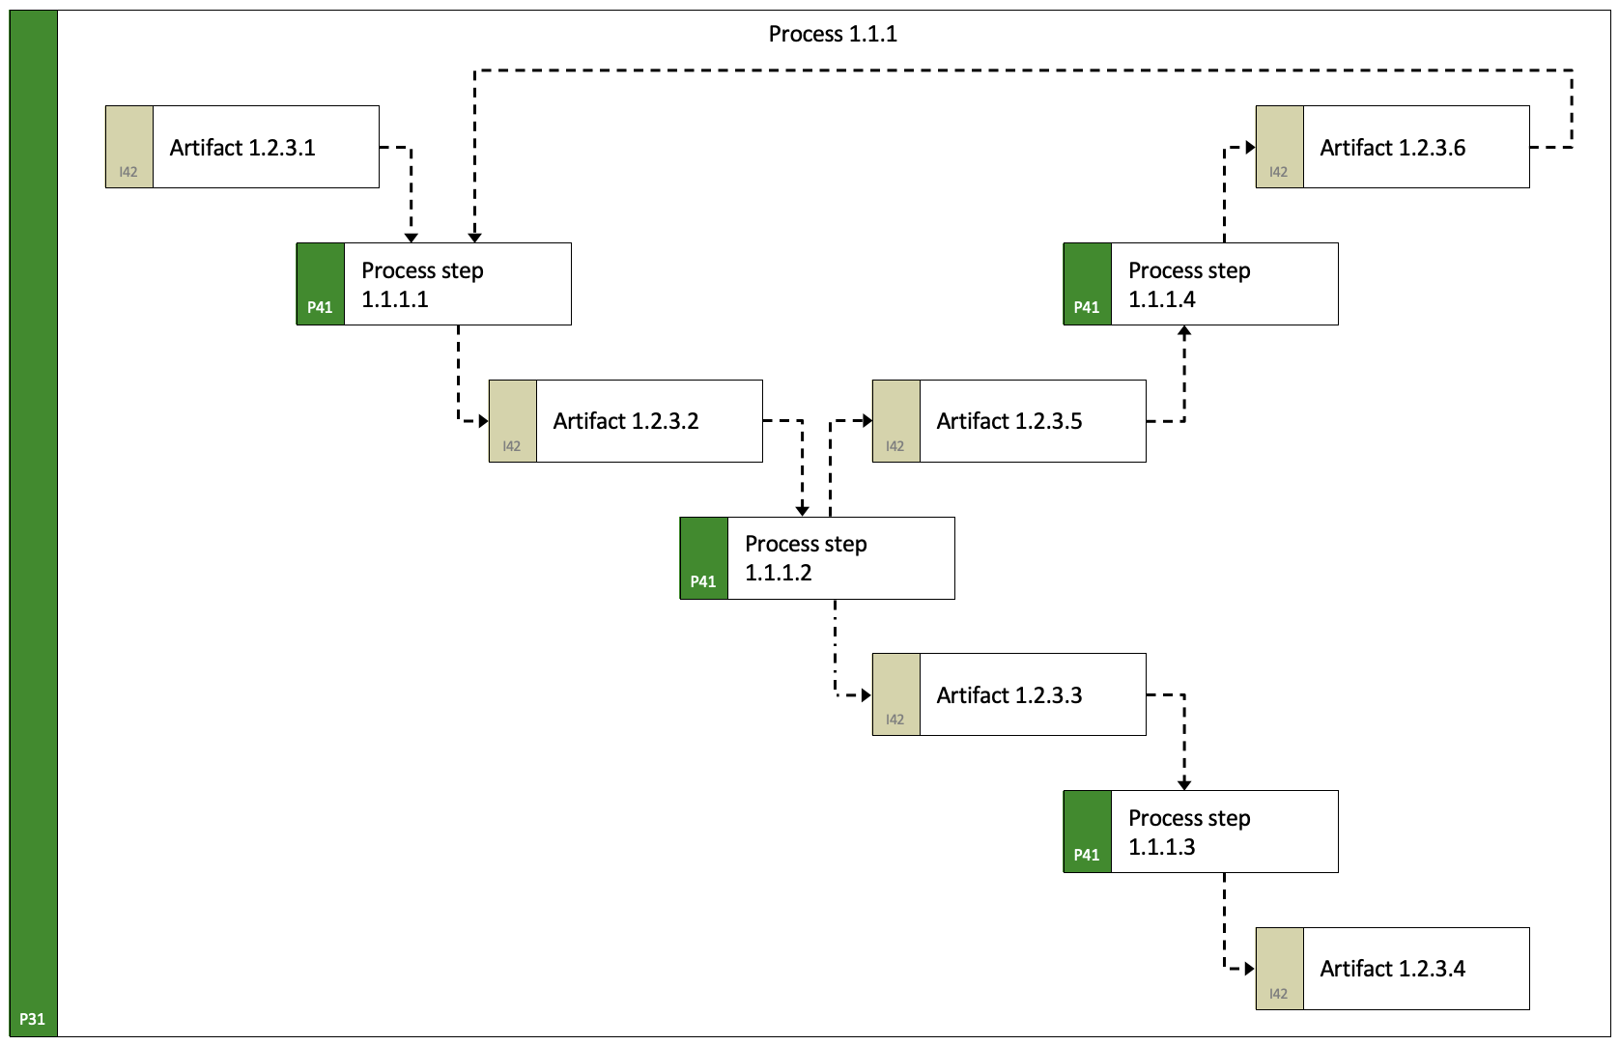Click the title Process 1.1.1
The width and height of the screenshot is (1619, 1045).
pyautogui.click(x=833, y=34)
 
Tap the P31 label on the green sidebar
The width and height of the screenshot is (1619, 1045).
pyautogui.click(x=32, y=1019)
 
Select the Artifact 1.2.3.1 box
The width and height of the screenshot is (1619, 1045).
pyautogui.click(x=242, y=147)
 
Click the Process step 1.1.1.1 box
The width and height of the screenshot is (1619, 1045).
pyautogui.click(x=434, y=284)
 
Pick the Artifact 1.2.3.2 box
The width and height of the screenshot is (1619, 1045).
pyautogui.click(x=626, y=420)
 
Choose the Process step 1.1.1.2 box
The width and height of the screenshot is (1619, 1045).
pyautogui.click(x=817, y=558)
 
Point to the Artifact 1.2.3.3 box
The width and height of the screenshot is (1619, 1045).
pyautogui.click(x=1009, y=694)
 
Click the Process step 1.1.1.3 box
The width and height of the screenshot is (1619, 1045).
pyautogui.click(x=1201, y=832)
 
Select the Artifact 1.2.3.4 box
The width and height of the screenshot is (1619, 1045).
pyautogui.click(x=1393, y=969)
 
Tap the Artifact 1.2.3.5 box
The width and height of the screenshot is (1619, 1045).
pyautogui.click(x=1009, y=420)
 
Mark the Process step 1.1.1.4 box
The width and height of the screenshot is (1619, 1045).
pyautogui.click(x=1201, y=284)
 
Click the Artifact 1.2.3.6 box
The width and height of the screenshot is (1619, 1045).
pyautogui.click(x=1393, y=147)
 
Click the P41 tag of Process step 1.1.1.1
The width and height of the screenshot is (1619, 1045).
pyautogui.click(x=320, y=307)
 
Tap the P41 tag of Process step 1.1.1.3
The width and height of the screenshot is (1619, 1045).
pyautogui.click(x=1087, y=855)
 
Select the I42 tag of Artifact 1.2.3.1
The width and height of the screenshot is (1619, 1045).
pyautogui.click(x=128, y=172)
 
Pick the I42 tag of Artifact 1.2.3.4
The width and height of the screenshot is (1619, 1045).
pyautogui.click(x=1279, y=994)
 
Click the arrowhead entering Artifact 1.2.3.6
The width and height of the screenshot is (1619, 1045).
pyautogui.click(x=1250, y=148)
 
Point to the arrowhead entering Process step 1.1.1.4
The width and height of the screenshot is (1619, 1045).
pyautogui.click(x=1184, y=331)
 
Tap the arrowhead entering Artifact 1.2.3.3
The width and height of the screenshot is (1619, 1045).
pyautogui.click(x=866, y=695)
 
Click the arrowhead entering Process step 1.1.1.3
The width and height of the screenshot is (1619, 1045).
pyautogui.click(x=1184, y=785)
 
